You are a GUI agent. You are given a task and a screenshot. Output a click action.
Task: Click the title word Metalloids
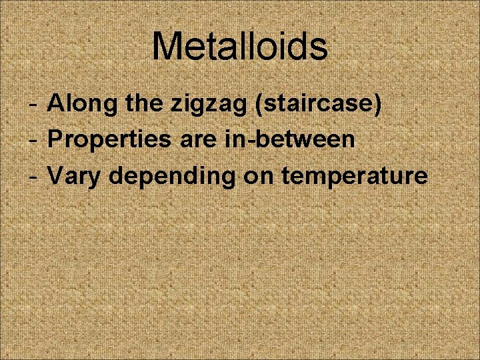(x=240, y=47)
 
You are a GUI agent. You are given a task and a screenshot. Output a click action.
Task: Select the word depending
(x=171, y=177)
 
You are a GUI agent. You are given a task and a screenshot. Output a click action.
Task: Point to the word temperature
(x=354, y=177)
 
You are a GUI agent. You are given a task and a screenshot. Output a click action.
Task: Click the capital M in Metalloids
(x=167, y=47)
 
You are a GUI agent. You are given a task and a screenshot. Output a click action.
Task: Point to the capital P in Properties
(x=56, y=140)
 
